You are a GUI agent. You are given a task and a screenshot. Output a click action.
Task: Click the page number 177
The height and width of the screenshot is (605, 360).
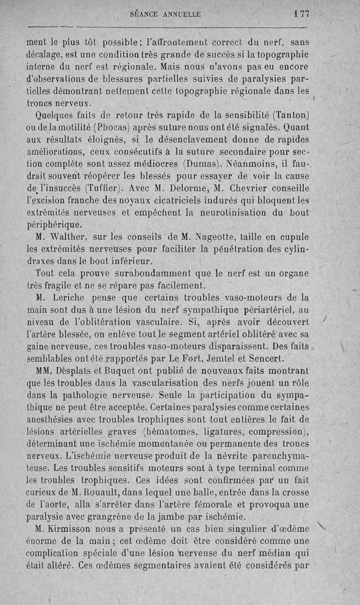(x=301, y=14)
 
